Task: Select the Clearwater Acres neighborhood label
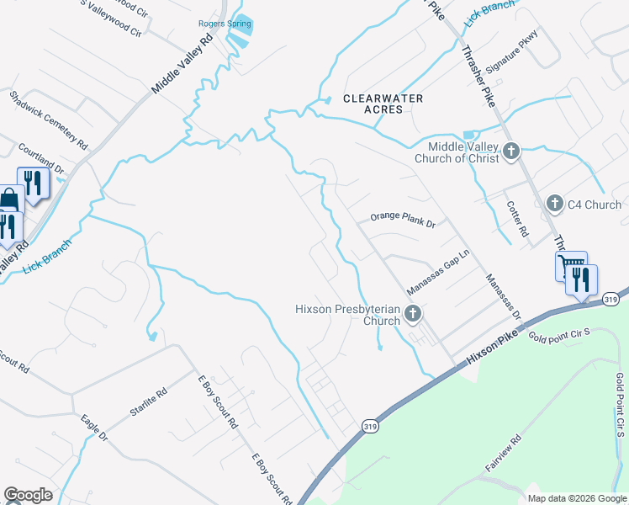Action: point(383,104)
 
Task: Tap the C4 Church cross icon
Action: point(554,204)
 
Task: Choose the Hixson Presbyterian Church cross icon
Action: point(412,315)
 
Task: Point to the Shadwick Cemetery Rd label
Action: point(48,120)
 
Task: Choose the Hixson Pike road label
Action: point(489,345)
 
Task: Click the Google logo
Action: point(29,495)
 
